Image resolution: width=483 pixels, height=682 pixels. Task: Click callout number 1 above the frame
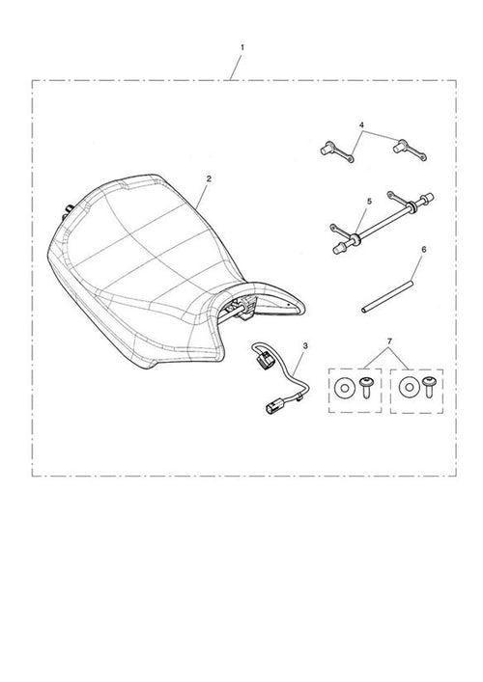pos(242,47)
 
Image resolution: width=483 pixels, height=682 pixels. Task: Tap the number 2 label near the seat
pos(209,178)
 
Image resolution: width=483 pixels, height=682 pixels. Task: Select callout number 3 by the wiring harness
pos(305,345)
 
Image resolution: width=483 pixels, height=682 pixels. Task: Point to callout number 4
pos(362,125)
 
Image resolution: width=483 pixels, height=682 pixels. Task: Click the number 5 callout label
pos(369,202)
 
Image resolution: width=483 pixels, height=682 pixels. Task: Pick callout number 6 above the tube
pos(424,250)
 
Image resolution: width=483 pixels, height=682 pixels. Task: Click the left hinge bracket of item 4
pos(337,151)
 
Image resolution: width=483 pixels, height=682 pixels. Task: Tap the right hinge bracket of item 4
pos(410,150)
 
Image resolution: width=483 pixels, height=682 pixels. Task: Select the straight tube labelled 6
pos(386,297)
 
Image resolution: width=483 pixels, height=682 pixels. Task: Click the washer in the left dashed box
pos(345,388)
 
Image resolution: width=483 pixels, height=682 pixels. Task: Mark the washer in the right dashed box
pos(408,388)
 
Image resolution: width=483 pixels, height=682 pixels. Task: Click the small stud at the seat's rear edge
pos(67,213)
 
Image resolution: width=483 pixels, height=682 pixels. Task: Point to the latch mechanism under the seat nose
pos(247,307)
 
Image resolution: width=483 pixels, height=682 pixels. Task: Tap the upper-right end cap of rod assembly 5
pos(429,198)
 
